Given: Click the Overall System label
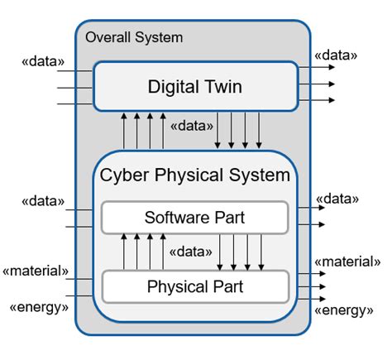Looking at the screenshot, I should click(x=134, y=37).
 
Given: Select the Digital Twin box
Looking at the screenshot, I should click(x=195, y=86).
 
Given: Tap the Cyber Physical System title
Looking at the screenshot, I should click(x=195, y=175).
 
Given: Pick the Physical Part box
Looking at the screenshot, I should click(x=195, y=287).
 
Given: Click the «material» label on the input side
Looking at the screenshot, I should click(x=36, y=271).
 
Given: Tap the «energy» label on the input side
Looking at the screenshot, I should click(x=39, y=309).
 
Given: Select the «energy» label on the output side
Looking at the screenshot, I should click(x=343, y=310).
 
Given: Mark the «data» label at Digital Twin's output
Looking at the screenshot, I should click(x=337, y=55).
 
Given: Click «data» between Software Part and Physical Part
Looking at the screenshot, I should click(x=191, y=250).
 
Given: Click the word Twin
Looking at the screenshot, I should click(x=224, y=86).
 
